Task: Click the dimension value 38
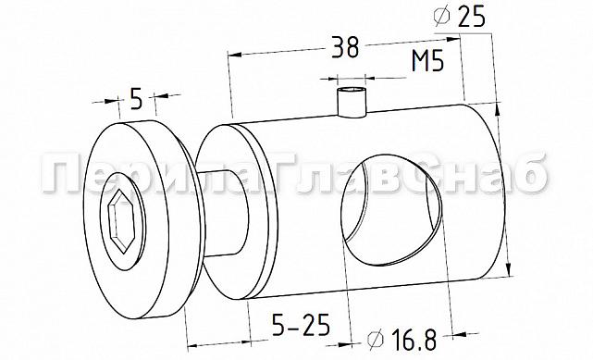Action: tap(344, 47)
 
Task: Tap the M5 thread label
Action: tap(427, 60)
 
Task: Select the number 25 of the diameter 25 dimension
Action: tap(471, 17)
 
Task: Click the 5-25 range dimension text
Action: tap(301, 325)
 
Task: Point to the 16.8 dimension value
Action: tap(414, 340)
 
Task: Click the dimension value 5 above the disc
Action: tap(137, 98)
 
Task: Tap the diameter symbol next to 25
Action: tap(442, 17)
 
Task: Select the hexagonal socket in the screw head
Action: tap(121, 221)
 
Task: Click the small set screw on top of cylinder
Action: tap(352, 102)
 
